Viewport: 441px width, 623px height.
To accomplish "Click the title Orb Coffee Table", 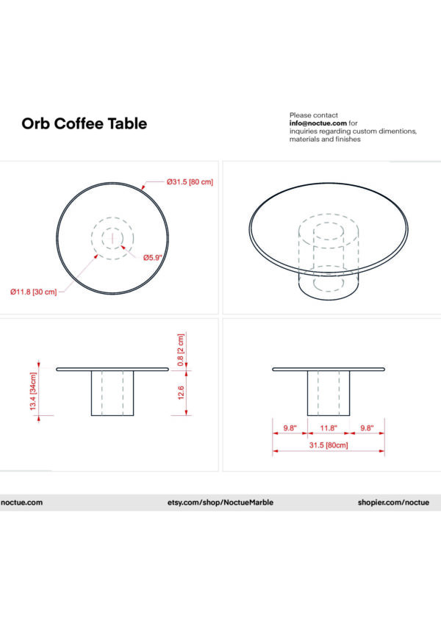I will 84,123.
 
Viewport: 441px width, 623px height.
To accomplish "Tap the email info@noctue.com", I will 318,123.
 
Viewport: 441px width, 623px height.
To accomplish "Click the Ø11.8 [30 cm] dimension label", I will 33,292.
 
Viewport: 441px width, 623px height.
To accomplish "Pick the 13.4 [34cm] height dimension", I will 35,396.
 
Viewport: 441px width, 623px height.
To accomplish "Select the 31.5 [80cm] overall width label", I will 329,445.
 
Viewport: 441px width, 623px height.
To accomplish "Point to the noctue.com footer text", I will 22,503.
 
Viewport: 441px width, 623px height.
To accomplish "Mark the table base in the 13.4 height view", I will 112,393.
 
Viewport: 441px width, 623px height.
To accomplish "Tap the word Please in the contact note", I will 301,115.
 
